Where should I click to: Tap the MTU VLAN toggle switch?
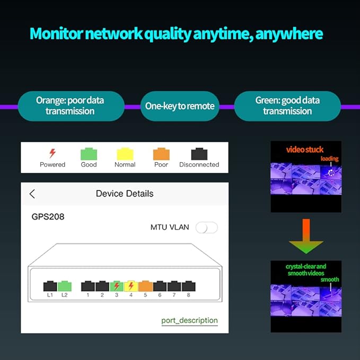[x=206, y=227]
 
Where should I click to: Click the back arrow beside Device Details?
[x=32, y=194]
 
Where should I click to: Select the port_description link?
[x=189, y=320]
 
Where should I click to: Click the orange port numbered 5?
[x=145, y=286]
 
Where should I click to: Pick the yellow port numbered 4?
[x=131, y=286]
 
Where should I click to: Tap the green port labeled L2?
[x=64, y=286]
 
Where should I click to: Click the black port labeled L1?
[x=50, y=286]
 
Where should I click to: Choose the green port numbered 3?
[x=117, y=286]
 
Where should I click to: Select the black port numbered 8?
[x=188, y=286]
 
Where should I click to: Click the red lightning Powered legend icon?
[x=52, y=154]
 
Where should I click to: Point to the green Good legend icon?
[x=89, y=154]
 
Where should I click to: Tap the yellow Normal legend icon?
[x=125, y=154]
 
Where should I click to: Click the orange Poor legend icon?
[x=161, y=154]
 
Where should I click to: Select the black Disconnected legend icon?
[x=199, y=154]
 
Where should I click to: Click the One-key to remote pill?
[x=180, y=106]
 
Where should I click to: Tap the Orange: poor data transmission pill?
[x=70, y=106]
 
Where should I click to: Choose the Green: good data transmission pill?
[x=287, y=106]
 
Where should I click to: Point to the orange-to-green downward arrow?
[x=306, y=236]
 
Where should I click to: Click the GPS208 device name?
[x=48, y=216]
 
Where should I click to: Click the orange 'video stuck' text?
[x=305, y=150]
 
